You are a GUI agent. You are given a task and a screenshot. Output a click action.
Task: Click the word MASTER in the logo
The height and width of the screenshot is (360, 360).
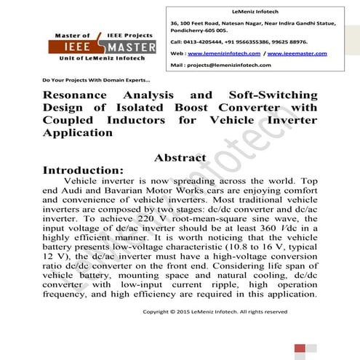pos(132,47)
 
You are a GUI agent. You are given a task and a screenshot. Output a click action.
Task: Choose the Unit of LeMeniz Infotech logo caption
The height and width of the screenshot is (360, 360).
pos(103,59)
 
